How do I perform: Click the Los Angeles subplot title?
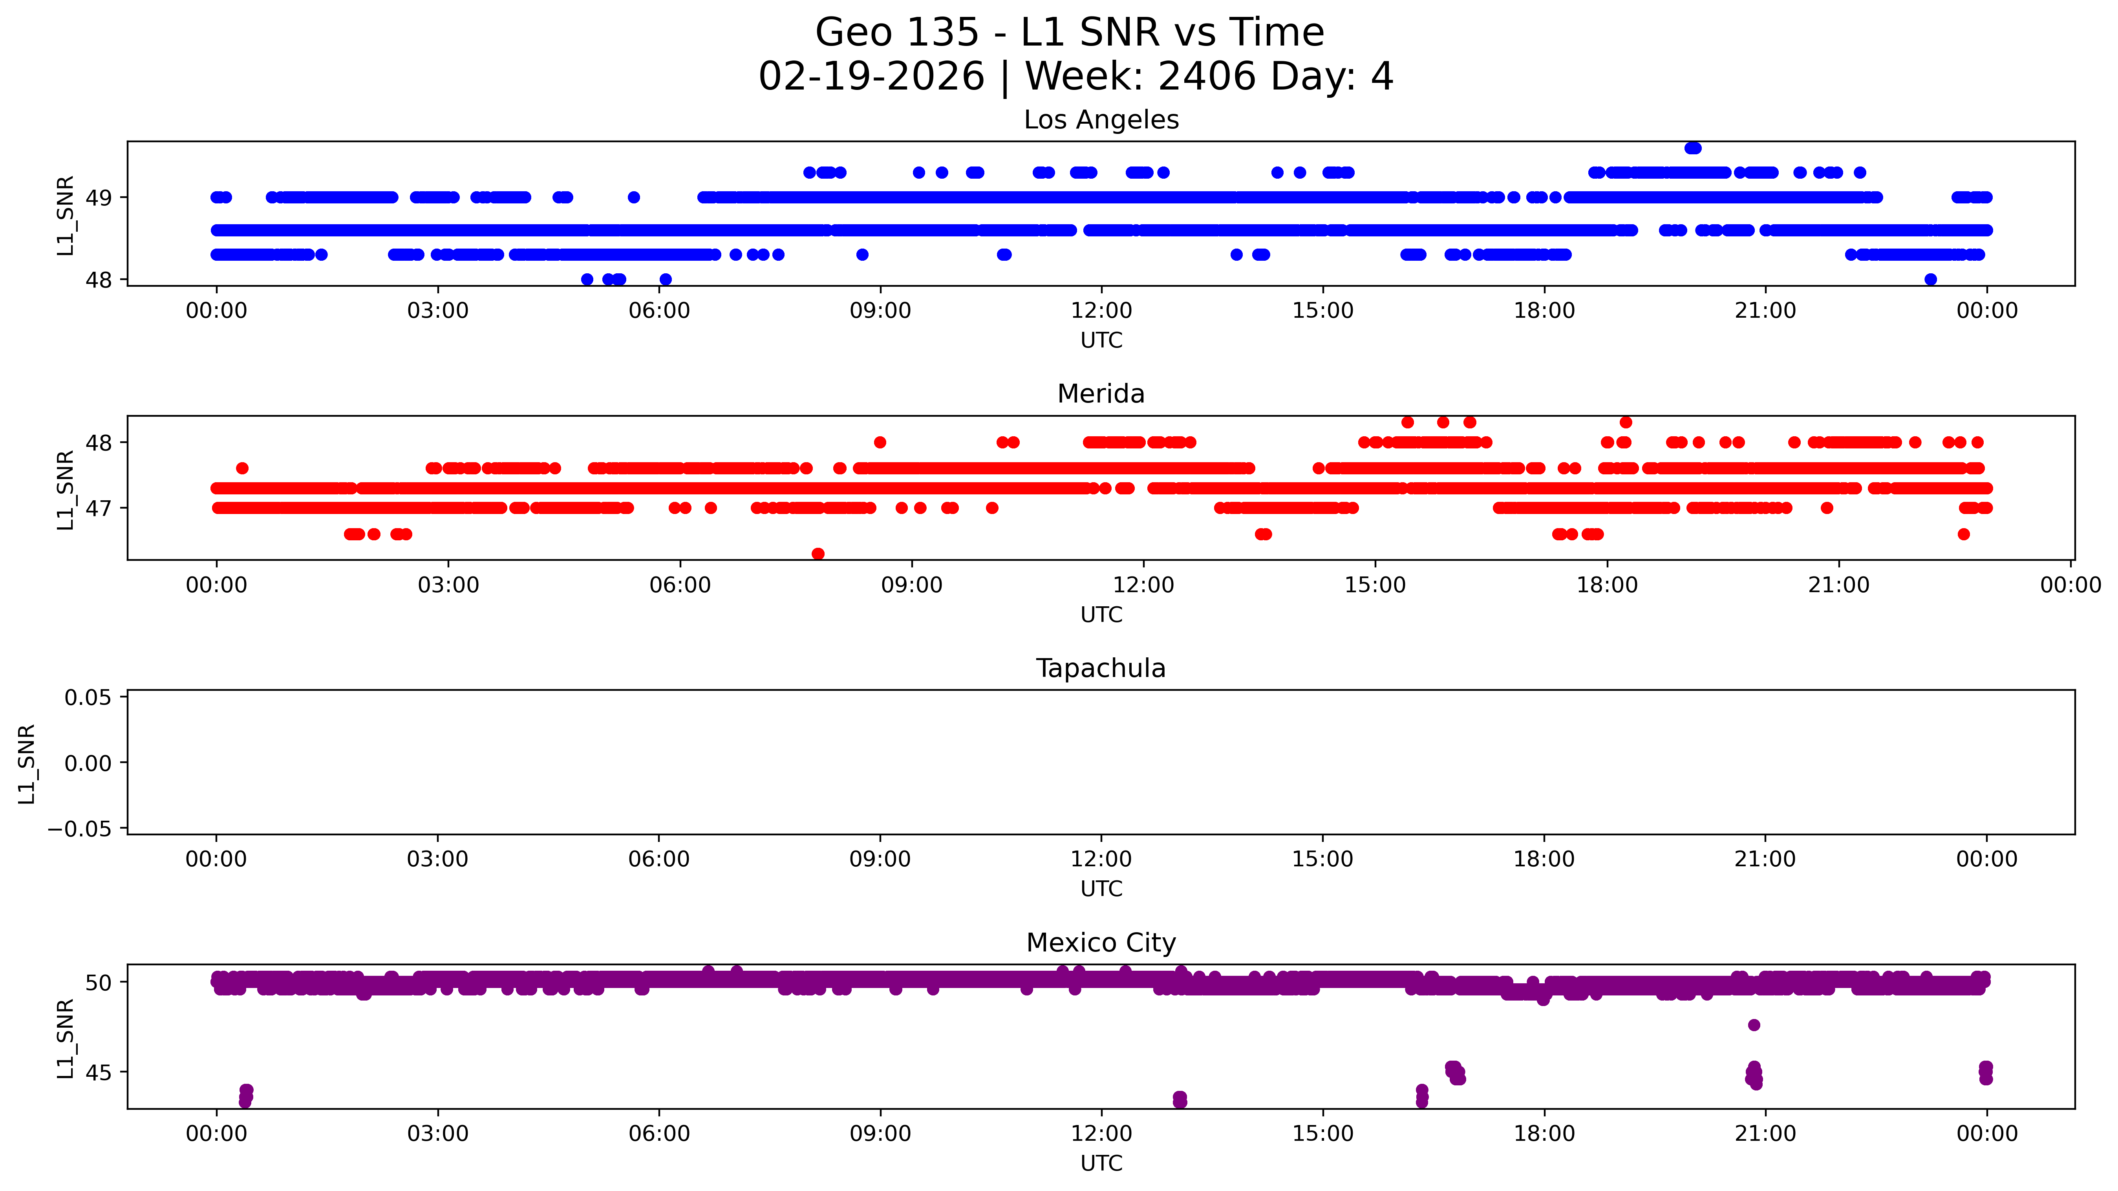(1101, 120)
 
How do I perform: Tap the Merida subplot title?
(1101, 394)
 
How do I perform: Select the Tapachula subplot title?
(1101, 669)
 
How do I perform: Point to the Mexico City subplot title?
(1101, 942)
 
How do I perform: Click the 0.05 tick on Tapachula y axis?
(88, 697)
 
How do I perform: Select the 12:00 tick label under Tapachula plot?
(1101, 860)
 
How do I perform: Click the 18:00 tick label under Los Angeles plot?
(1544, 311)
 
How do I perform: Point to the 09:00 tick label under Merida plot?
(912, 585)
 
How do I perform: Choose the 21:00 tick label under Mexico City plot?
(1765, 1133)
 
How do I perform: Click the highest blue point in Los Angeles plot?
(1693, 148)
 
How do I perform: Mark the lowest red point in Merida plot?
(818, 554)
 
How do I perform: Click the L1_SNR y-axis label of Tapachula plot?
(27, 763)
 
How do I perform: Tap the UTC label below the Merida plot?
(1101, 615)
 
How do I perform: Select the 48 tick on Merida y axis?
(99, 443)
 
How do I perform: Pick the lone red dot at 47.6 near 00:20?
(242, 468)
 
